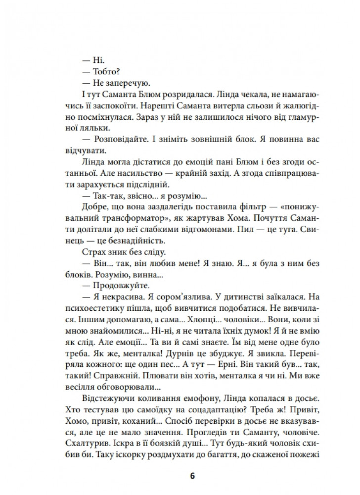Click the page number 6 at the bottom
(192, 476)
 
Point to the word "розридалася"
(174, 96)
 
